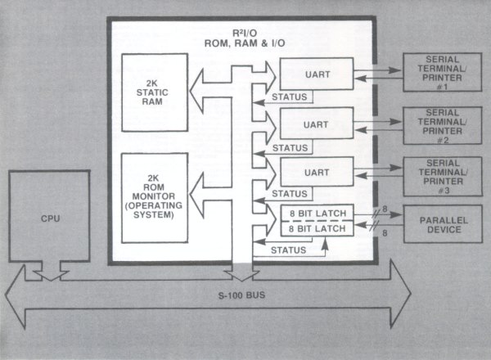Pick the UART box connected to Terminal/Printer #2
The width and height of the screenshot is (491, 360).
(x=317, y=124)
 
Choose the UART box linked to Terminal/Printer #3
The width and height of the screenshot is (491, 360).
(x=317, y=173)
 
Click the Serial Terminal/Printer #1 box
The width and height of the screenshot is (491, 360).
(x=442, y=74)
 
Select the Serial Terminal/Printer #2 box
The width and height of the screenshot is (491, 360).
(x=442, y=124)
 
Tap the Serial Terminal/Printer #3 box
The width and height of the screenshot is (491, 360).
(x=442, y=173)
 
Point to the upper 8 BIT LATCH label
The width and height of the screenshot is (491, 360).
(x=317, y=214)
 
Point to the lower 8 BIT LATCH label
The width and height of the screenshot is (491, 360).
(x=317, y=231)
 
